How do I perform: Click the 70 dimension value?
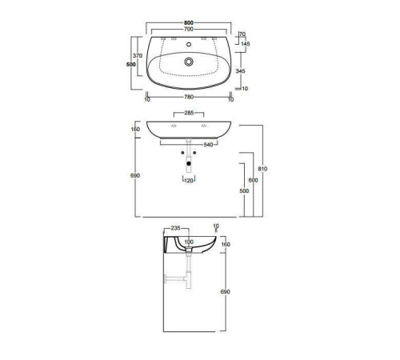pos(240,34)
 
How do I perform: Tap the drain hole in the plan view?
pos(190,61)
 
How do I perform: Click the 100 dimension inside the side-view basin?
pos(189,242)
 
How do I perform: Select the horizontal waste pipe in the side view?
pos(174,278)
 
